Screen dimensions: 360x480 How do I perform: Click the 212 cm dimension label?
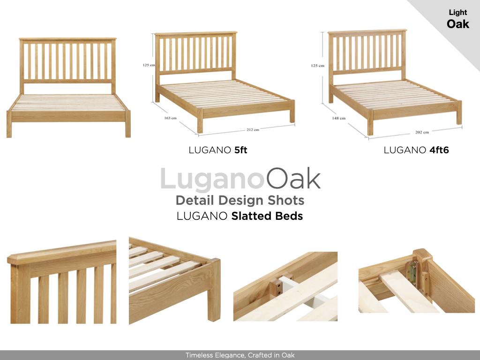coord(253,129)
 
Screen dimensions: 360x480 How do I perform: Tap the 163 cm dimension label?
coord(170,118)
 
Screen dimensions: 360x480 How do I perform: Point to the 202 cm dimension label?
coord(422,132)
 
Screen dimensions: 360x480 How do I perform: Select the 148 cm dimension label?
coord(339,118)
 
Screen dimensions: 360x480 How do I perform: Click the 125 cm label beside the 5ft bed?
coord(149,65)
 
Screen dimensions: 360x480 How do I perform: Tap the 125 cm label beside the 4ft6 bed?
coord(317,66)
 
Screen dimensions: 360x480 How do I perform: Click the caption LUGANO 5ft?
coord(217,150)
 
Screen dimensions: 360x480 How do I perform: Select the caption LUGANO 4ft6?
coord(416,150)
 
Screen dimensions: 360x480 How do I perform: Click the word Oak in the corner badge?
coord(457,24)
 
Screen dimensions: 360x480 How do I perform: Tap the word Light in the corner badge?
coord(457,13)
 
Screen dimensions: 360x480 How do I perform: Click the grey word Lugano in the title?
coord(212,179)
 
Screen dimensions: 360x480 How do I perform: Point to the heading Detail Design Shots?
coord(240,200)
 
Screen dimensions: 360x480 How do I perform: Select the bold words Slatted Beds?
coord(267,216)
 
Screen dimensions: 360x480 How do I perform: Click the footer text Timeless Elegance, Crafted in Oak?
coord(240,355)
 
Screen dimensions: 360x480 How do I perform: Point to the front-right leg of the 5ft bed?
coord(292,112)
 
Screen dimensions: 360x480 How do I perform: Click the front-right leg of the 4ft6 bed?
coord(459,112)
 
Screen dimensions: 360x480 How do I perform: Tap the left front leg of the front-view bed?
coord(9,124)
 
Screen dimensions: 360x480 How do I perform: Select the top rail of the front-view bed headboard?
coord(67,39)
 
